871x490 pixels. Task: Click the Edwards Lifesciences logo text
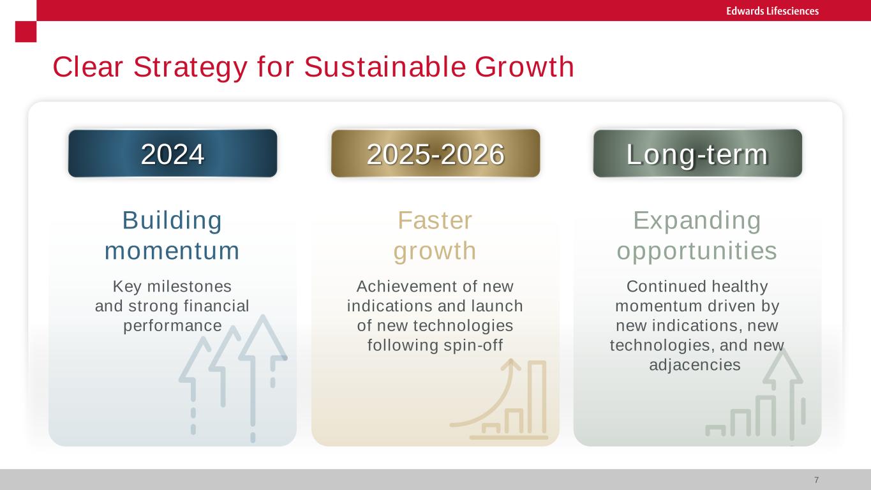(772, 11)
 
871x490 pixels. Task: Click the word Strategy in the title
(190, 68)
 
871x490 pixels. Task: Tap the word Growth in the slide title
(524, 67)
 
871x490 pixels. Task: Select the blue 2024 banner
(173, 153)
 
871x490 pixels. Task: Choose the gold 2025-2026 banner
(435, 153)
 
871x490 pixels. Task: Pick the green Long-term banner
(697, 153)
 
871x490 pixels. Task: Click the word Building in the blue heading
(172, 221)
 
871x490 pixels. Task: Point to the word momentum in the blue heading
(172, 251)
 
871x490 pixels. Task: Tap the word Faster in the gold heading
(435, 221)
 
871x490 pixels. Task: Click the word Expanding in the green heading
(697, 221)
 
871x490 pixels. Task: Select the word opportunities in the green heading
(697, 251)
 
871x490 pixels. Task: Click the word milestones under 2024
(190, 286)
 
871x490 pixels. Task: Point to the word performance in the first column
(172, 326)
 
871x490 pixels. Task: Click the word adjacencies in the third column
(695, 366)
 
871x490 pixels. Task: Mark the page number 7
(817, 480)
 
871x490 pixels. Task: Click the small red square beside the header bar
(26, 31)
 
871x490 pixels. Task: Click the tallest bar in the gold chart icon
(537, 397)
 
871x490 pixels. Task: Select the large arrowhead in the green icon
(783, 368)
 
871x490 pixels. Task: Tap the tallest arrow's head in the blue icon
(263, 338)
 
